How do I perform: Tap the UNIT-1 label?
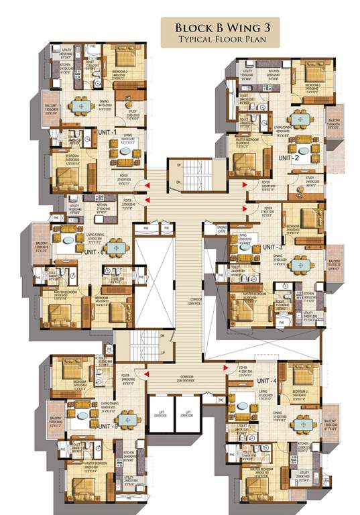(x=106, y=132)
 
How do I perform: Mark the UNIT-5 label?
(x=107, y=426)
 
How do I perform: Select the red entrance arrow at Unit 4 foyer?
(x=224, y=367)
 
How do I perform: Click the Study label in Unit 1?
(x=133, y=115)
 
